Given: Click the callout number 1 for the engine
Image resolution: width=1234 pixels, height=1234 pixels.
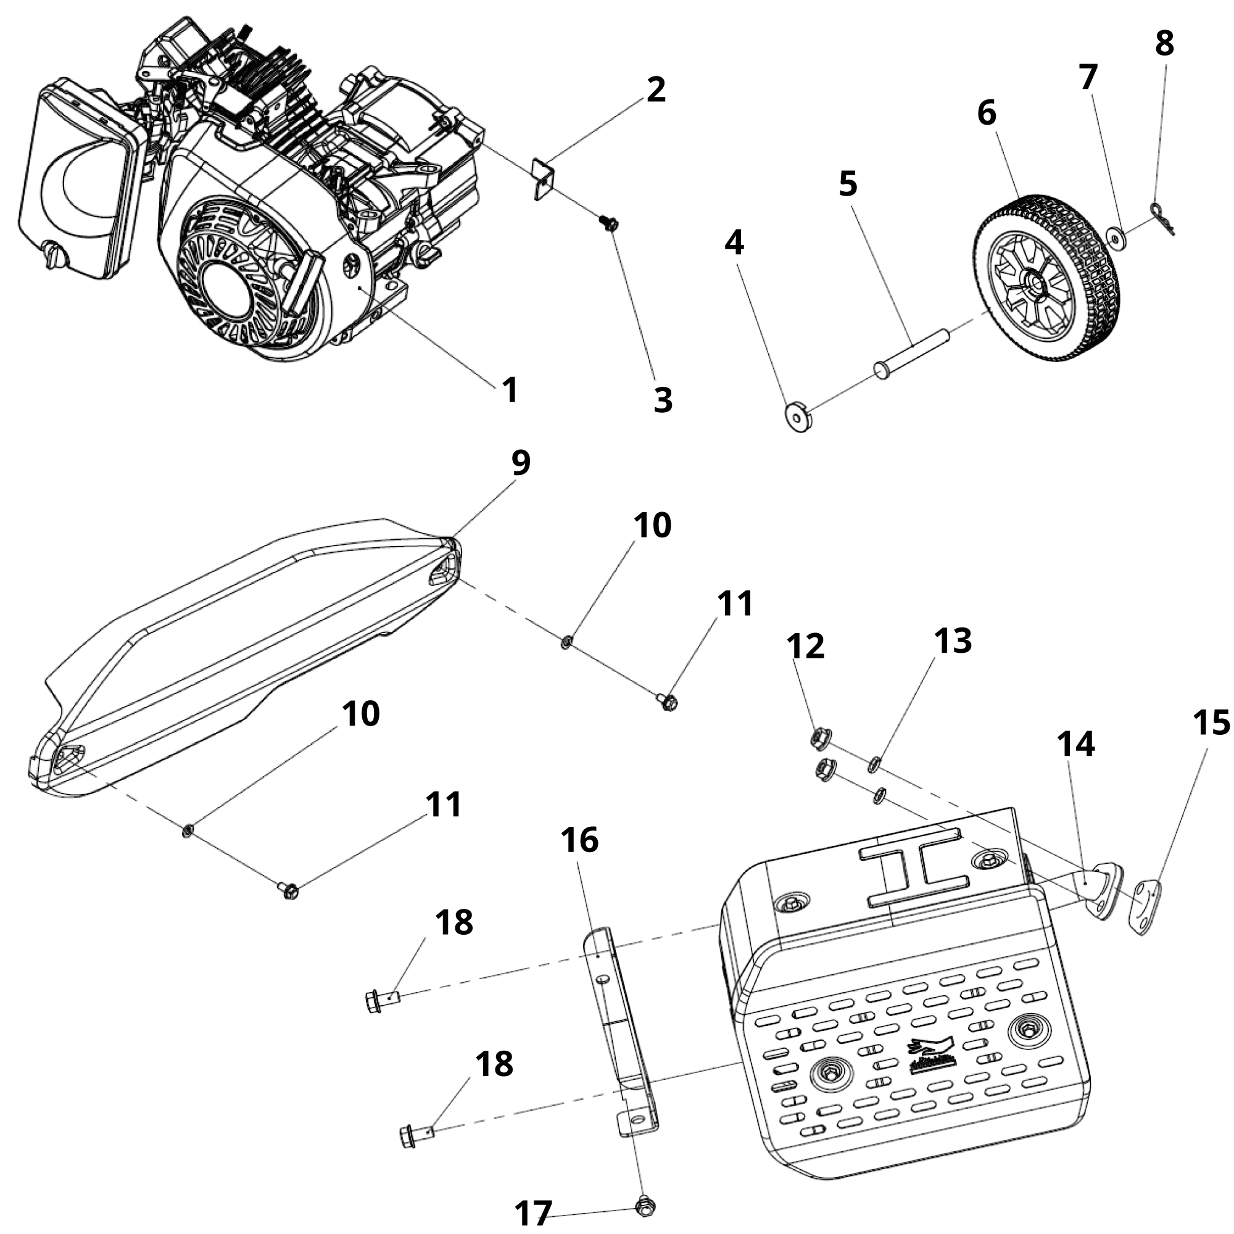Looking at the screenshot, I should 510,389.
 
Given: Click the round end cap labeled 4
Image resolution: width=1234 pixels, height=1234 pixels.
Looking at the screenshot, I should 798,417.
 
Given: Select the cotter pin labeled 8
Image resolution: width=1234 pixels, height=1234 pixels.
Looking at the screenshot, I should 1162,217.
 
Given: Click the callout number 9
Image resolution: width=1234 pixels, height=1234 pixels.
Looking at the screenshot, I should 521,462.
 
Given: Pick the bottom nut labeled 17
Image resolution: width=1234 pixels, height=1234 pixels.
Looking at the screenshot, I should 645,1206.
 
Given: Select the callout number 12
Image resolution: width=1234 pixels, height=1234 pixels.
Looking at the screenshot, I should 805,646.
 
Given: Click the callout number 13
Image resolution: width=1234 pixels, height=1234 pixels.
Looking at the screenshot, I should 953,640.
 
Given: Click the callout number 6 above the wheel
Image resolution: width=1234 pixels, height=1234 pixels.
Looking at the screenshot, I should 986,114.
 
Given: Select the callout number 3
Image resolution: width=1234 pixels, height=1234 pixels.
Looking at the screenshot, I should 663,400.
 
